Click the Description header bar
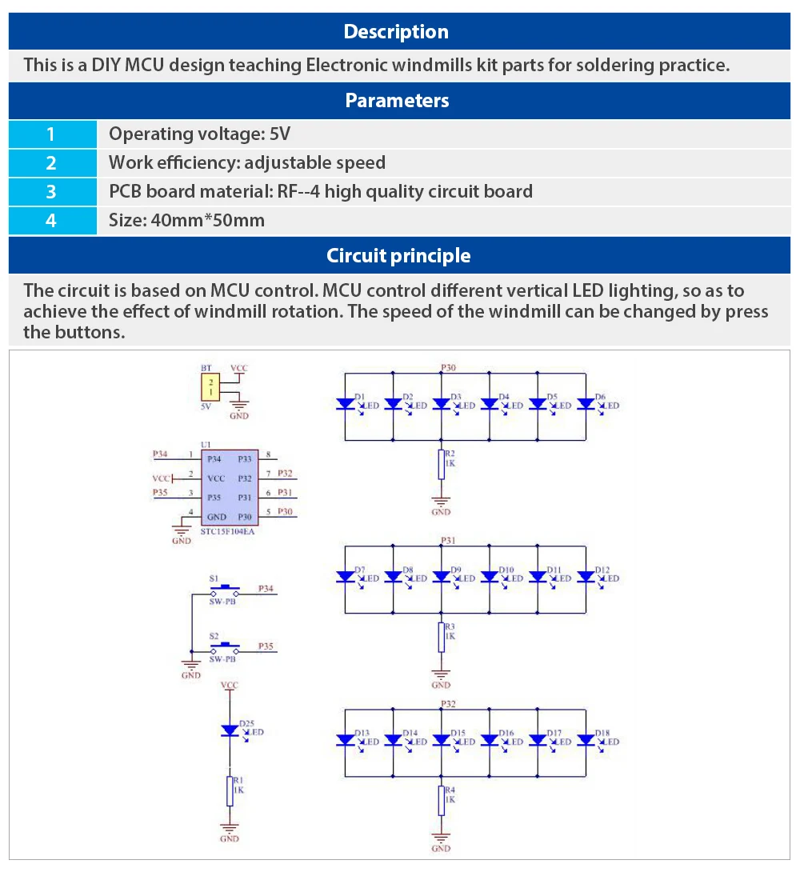point(397,32)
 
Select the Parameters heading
point(397,101)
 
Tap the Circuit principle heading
point(398,256)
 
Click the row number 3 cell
point(51,192)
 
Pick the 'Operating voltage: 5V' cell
point(199,134)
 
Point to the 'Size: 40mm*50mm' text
point(186,220)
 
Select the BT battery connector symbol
point(210,390)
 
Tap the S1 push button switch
point(224,590)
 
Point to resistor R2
point(441,464)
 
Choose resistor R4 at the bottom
point(441,799)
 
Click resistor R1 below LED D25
point(230,790)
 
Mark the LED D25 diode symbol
point(230,730)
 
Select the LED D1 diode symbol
point(345,405)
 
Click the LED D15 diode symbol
point(441,740)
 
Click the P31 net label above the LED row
point(448,541)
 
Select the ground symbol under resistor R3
point(441,676)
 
